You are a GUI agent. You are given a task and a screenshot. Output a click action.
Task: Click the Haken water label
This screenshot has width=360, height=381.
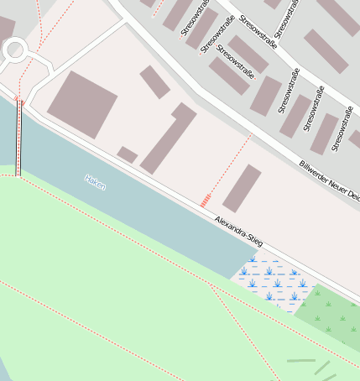(95, 181)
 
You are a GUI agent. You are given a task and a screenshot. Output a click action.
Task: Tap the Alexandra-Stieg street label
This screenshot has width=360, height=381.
(238, 232)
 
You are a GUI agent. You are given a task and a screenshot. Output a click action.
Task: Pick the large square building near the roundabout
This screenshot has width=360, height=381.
(81, 104)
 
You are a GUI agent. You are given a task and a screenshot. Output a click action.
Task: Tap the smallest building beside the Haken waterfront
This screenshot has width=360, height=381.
(127, 154)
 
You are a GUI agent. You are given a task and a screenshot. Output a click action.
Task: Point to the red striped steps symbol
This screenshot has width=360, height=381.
(204, 200)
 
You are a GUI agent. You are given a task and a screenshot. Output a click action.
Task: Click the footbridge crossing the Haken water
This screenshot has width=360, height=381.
(18, 138)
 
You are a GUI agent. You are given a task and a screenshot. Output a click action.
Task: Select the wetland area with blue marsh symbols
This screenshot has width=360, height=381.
(270, 284)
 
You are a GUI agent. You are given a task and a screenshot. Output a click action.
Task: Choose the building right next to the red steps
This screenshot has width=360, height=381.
(241, 188)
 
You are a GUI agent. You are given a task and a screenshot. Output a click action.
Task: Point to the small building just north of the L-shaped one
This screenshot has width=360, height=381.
(154, 81)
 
